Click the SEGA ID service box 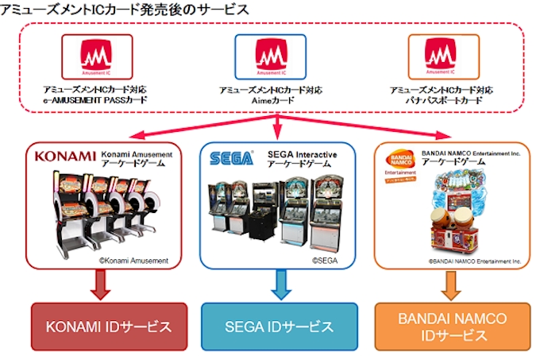tap(277, 327)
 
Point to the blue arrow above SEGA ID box tap(277, 284)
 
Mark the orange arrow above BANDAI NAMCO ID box tap(451, 284)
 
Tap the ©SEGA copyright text tap(326, 258)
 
